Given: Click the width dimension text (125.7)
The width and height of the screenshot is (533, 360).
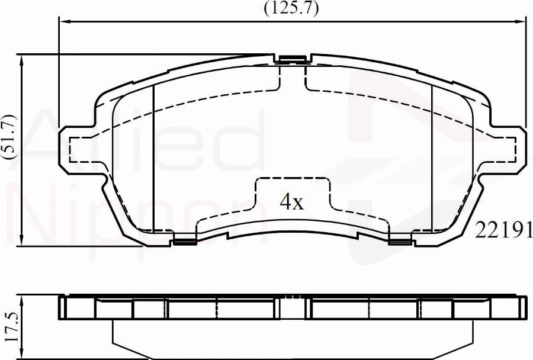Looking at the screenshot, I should coord(291,8).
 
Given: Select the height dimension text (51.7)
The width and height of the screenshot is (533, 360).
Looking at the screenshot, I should coord(10,136).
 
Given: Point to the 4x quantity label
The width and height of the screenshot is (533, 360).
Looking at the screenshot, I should coord(291,202).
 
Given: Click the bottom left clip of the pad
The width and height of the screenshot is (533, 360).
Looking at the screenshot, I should coord(185,239).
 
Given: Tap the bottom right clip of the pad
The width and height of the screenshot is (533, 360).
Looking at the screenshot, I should coord(400,239).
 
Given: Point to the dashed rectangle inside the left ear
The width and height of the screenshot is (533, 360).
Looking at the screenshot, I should coord(84,149).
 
